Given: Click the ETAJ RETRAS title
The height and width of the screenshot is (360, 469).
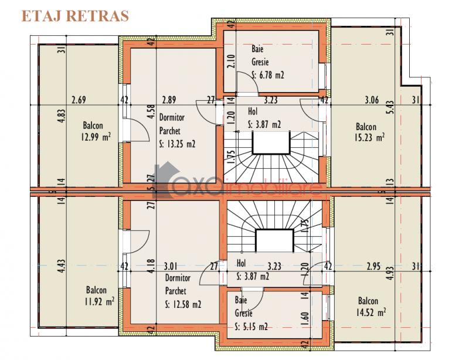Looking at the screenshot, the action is pos(75,16).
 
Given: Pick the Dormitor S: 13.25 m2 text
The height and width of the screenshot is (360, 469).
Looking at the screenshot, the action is pos(177,131).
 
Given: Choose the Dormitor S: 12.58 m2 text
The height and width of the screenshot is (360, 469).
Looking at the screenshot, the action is pos(183,291).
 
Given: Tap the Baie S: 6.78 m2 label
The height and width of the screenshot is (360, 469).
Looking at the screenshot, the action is pos(267,62).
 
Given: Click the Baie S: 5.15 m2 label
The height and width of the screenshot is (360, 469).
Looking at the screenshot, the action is pos(251,313).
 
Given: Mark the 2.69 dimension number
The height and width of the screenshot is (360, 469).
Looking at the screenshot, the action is pos(79,100).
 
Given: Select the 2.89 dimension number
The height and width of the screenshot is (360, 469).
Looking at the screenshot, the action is pos(169,100).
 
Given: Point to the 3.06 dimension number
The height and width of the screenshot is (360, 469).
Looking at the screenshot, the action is pos(372,100).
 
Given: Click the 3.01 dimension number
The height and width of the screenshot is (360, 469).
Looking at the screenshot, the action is pos(171,266).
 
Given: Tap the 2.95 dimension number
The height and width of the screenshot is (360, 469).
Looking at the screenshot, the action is pos(373,266).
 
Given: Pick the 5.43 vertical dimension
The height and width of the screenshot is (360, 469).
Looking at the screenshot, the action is pos(389,107).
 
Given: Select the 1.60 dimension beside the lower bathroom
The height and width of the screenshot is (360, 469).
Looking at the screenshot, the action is pos(305,320).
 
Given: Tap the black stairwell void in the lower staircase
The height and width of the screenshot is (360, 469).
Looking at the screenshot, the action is pos(274,241).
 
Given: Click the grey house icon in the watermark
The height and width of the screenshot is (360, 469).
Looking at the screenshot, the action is pos(165,179).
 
